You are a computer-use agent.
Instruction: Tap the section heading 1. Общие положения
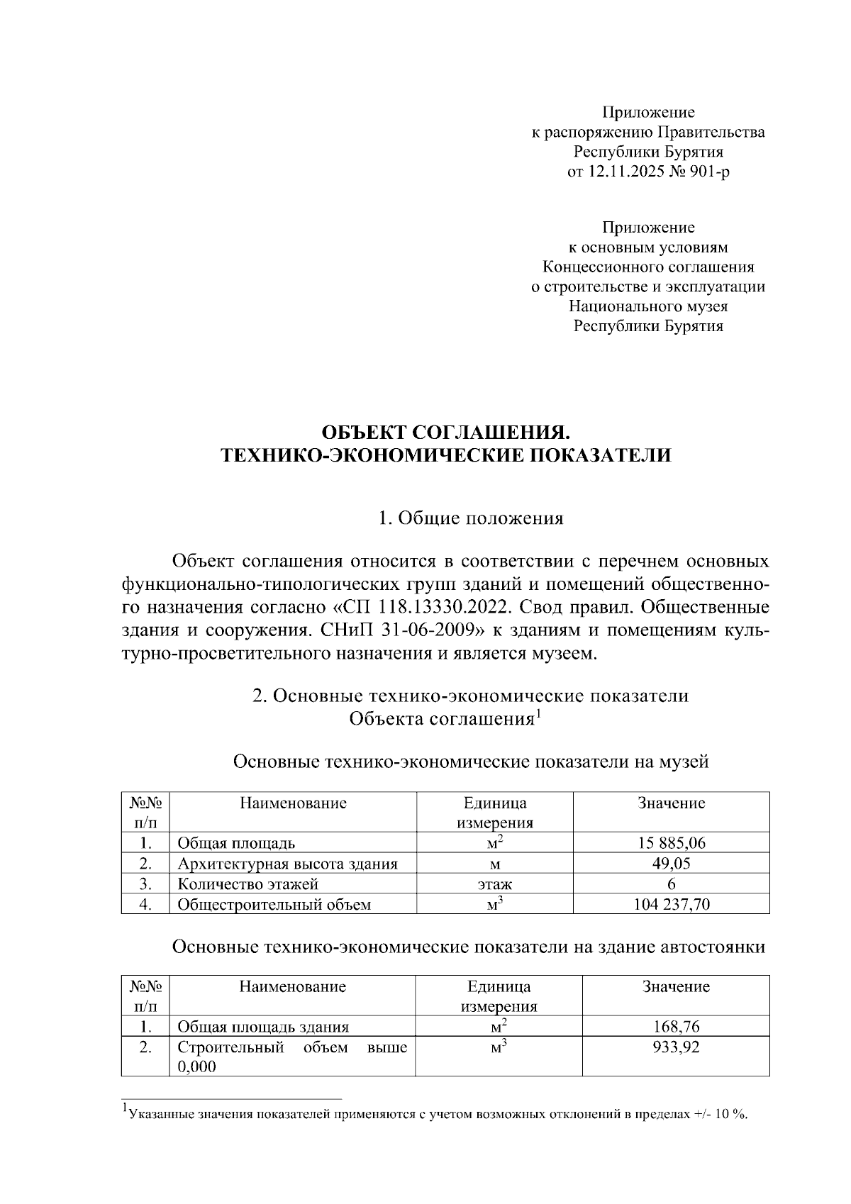471,518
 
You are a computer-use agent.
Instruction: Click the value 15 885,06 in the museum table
671,843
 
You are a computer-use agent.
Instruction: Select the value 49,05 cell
671,863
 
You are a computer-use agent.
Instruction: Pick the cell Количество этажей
247,884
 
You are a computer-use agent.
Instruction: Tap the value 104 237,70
671,904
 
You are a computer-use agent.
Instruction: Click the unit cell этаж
494,884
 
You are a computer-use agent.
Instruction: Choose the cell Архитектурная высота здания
287,864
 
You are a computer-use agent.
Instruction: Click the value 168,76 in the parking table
676,1027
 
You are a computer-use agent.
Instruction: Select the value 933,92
676,1047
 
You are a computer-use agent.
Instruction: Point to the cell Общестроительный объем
274,905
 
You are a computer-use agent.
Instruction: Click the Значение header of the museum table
671,803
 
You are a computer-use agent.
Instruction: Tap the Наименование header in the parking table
292,986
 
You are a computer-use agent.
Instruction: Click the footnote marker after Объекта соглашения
538,714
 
